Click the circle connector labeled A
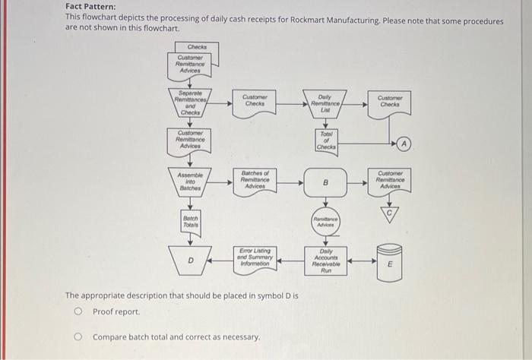pyautogui.click(x=404, y=143)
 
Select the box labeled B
pyautogui.click(x=325, y=183)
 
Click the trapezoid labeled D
pyautogui.click(x=190, y=260)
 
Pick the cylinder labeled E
pyautogui.click(x=390, y=264)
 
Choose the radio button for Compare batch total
pyautogui.click(x=77, y=336)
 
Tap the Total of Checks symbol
pyautogui.click(x=325, y=139)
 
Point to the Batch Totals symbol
pyautogui.click(x=190, y=223)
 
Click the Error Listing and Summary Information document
pyautogui.click(x=255, y=257)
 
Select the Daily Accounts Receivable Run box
pyautogui.click(x=325, y=261)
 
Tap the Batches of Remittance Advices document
pyautogui.click(x=255, y=182)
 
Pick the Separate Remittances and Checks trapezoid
pyautogui.click(x=190, y=103)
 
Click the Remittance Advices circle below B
pyautogui.click(x=325, y=222)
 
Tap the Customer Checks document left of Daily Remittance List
pyautogui.click(x=255, y=101)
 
